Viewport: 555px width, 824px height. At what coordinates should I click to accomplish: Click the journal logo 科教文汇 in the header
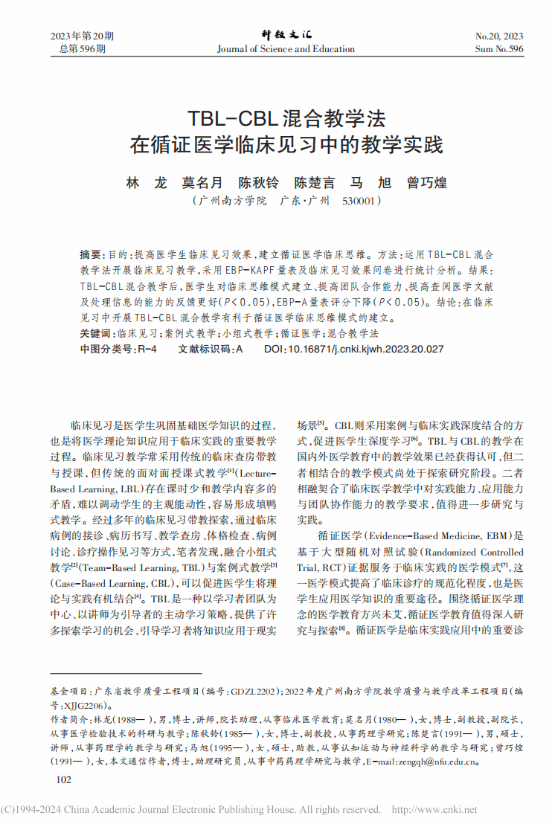286,35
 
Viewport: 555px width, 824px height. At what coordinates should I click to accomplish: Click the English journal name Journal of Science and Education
286,49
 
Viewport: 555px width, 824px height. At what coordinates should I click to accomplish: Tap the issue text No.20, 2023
498,36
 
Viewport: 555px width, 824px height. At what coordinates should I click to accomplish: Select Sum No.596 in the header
498,49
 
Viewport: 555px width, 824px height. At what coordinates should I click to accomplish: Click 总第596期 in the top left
82,49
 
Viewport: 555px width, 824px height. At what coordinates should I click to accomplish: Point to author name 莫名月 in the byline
202,182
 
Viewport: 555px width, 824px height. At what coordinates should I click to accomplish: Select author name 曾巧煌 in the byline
427,182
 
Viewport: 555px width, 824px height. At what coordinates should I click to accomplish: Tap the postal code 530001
362,201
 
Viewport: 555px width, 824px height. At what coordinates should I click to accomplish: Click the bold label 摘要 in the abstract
89,254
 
